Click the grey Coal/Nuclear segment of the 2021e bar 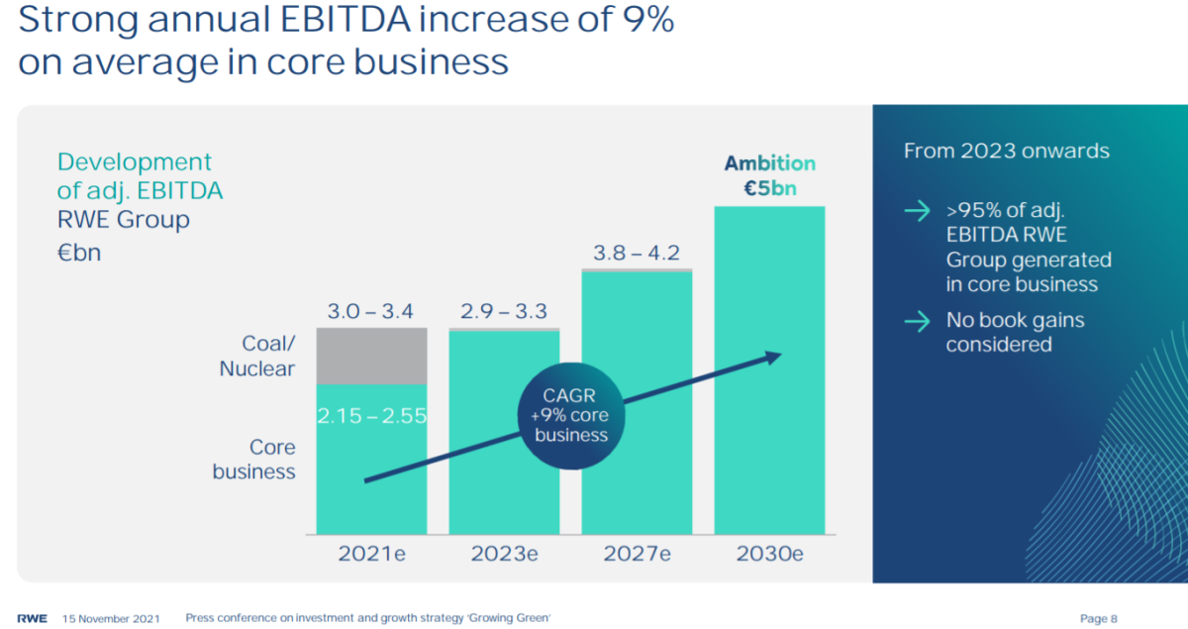[x=371, y=356]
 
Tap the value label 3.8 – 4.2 [x=637, y=254]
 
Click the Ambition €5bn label [x=769, y=175]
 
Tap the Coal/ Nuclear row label [x=255, y=356]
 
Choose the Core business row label [x=253, y=460]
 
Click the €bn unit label [x=78, y=253]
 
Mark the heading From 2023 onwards [x=1006, y=152]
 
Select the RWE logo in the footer [x=34, y=618]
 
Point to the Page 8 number [x=1098, y=618]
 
